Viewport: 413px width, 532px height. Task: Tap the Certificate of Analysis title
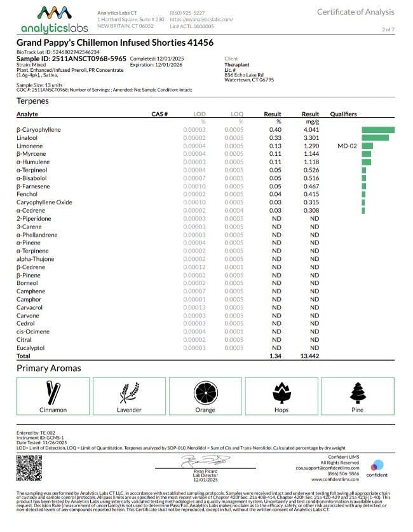pos(355,12)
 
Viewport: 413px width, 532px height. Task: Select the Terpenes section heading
pos(32,101)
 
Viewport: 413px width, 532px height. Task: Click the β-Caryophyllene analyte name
pos(39,130)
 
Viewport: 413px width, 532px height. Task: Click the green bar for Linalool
pos(375,137)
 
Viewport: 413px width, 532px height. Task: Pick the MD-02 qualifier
pos(348,146)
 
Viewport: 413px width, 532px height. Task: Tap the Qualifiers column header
pos(344,114)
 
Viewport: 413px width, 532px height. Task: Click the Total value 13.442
pos(310,356)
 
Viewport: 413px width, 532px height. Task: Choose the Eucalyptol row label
pos(30,348)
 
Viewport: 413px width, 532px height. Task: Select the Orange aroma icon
pos(205,391)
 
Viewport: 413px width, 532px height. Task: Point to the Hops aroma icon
pos(281,391)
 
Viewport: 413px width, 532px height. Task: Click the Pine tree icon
pos(358,391)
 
